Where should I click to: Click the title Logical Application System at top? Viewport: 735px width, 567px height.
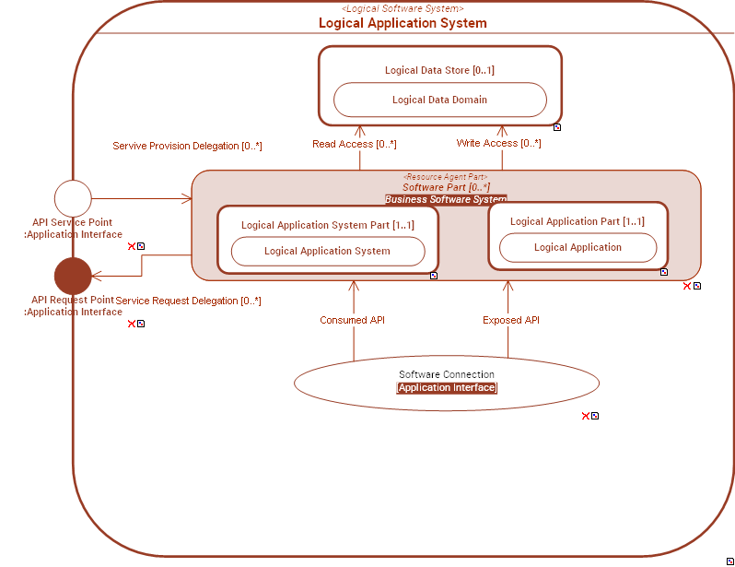tap(402, 23)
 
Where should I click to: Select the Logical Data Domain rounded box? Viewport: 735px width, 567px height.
tap(439, 100)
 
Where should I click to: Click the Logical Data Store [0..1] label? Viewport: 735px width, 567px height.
tap(439, 70)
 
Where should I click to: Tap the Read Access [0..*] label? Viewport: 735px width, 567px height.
tap(354, 144)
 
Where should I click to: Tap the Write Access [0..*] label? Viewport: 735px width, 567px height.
tap(498, 143)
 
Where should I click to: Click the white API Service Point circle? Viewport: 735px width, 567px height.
tap(73, 198)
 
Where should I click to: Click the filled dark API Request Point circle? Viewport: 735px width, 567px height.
tap(73, 276)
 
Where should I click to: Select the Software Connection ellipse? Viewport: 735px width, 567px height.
tap(446, 381)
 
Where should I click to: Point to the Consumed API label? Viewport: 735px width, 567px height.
tap(352, 320)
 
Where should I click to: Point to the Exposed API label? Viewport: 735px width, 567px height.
tap(511, 320)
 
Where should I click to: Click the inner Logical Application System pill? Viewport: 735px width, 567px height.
tap(327, 251)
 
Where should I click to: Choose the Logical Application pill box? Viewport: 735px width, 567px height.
tap(577, 247)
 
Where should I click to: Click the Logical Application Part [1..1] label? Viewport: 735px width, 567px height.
tap(577, 221)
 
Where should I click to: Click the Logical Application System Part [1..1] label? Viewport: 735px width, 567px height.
tap(327, 225)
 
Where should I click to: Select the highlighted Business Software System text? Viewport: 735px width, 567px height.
tap(446, 199)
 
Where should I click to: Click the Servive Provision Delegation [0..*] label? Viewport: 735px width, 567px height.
tap(187, 146)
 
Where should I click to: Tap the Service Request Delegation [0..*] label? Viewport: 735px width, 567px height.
tap(188, 301)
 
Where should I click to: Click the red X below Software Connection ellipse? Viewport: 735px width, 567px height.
tap(585, 416)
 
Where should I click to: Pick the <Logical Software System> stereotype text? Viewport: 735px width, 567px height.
tap(402, 8)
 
